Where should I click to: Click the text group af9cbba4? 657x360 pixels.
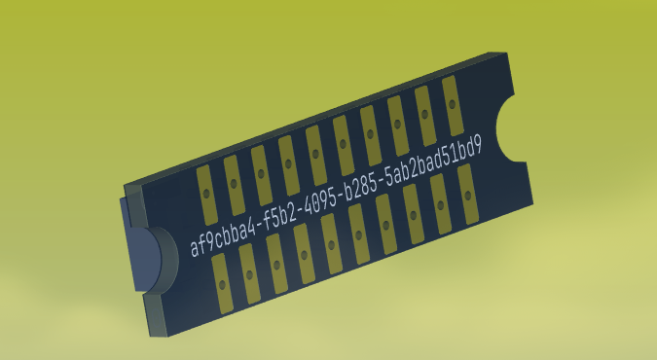point(223,235)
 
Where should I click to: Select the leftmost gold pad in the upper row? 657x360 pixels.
point(207,195)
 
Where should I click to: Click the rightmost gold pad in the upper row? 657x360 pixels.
point(453,106)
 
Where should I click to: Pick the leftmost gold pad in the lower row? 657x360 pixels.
point(223,284)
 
